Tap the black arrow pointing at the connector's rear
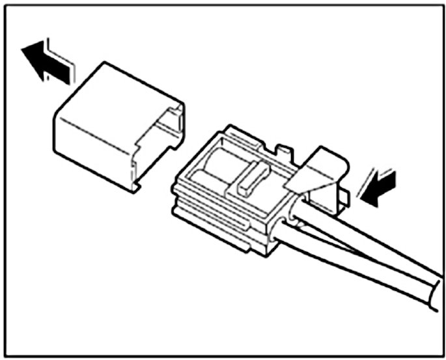[x=378, y=187]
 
